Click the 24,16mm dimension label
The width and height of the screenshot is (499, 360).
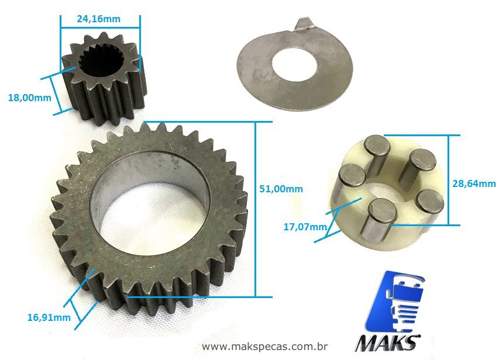pos(98,19)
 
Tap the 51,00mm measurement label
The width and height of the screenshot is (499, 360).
pos(281,189)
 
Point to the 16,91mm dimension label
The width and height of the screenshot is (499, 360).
pos(49,317)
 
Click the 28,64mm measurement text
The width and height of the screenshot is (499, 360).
pos(474,184)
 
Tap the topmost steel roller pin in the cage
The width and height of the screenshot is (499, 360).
pos(376,153)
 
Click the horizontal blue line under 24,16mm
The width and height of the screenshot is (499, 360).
pos(100,26)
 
